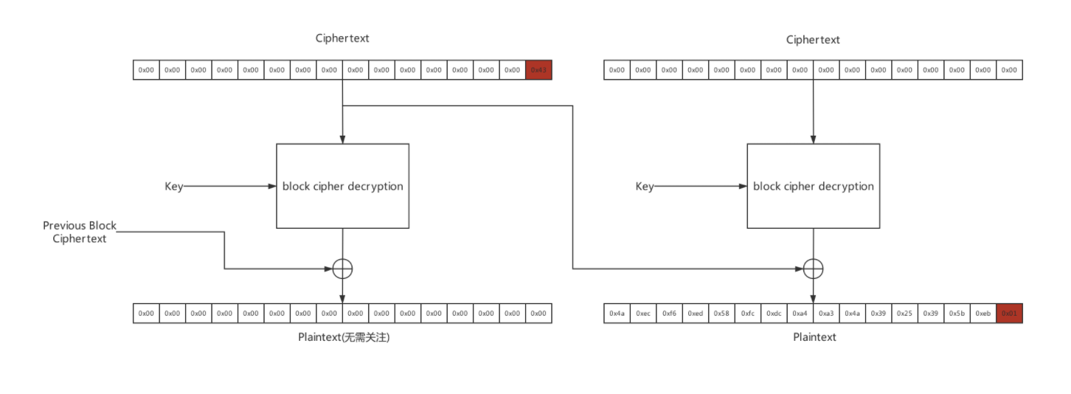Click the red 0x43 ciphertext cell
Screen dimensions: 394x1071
coord(538,70)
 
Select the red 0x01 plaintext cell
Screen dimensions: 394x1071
coord(1009,314)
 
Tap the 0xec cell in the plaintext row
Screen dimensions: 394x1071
coord(643,314)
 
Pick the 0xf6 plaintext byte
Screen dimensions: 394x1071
coord(669,314)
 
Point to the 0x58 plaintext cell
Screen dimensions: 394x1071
coord(721,314)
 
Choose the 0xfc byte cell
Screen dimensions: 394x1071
coord(748,314)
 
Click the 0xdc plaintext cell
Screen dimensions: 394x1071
coord(774,314)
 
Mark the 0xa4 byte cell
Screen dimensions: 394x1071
coord(800,314)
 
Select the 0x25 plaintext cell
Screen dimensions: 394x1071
coord(904,314)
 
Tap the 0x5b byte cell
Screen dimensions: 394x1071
coord(957,314)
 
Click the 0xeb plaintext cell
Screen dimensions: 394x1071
coord(983,314)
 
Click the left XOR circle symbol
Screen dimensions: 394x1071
coord(342,269)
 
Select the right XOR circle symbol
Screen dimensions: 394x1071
coord(813,269)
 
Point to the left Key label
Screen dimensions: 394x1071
coord(173,187)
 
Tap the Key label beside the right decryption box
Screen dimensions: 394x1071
coord(644,187)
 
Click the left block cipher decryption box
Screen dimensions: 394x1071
coord(342,186)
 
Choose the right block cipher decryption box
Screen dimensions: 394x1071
coord(813,186)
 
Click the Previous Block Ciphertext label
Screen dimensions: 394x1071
coord(80,232)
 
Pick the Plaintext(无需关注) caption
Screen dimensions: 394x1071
coord(342,337)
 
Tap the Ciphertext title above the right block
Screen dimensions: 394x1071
coord(813,40)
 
